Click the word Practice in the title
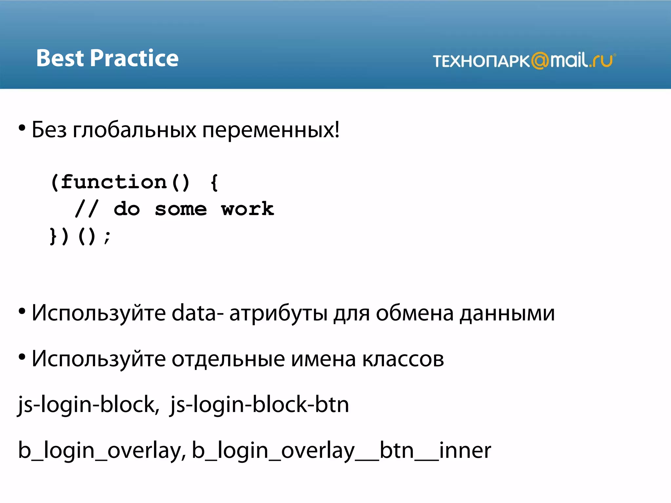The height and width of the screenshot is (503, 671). (134, 58)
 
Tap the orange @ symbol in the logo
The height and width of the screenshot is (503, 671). (540, 61)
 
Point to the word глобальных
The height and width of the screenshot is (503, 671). (134, 130)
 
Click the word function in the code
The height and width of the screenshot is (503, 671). (114, 182)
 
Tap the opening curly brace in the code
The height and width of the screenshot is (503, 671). (214, 182)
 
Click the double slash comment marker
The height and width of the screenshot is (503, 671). (86, 209)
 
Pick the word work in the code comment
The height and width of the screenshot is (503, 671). (247, 209)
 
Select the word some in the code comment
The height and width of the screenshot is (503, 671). (181, 209)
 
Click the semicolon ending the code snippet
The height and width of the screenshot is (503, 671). (107, 236)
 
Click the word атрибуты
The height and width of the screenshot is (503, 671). (278, 313)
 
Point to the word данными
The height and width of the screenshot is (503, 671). (507, 313)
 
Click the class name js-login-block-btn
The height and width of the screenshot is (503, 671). (259, 405)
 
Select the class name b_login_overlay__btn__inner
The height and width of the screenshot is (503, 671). (341, 451)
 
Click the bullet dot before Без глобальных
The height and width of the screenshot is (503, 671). (22, 128)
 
